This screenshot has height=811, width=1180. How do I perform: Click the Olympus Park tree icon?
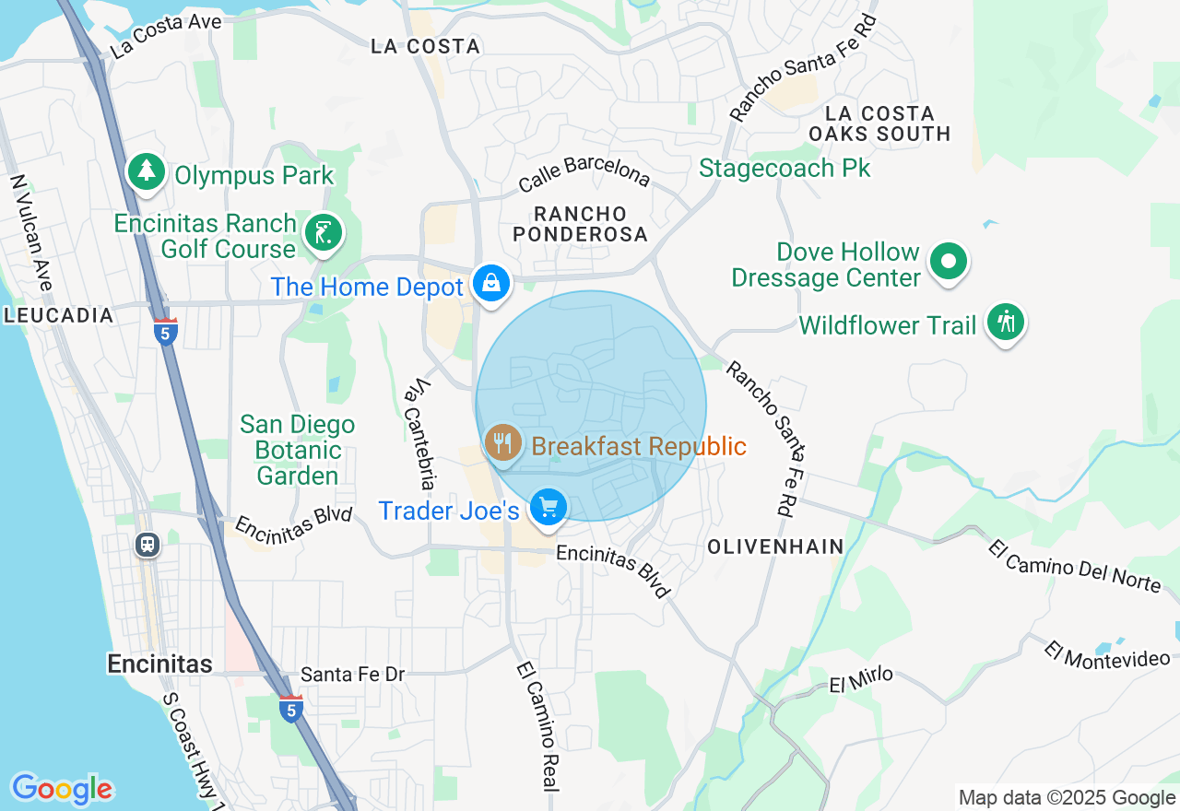146,171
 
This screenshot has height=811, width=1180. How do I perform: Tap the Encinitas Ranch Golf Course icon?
324,233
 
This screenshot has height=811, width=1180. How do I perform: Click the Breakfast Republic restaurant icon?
502,443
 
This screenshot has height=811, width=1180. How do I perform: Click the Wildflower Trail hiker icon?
1006,322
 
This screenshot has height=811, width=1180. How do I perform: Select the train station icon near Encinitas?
147,544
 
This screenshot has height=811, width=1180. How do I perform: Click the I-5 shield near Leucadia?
166,332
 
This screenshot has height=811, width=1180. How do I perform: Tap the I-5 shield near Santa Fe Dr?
291,709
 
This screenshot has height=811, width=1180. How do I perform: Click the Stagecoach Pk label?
785,169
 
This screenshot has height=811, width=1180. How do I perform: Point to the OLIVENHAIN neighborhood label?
775,547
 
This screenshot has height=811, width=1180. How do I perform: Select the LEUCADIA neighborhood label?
59,315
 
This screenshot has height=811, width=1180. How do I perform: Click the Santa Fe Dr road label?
353,675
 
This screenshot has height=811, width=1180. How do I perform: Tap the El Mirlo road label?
861,679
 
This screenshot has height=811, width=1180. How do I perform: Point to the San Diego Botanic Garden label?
297,450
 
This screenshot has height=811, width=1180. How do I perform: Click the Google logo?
63,789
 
